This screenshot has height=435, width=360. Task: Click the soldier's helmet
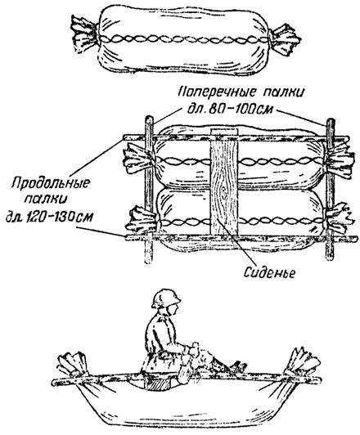click(x=166, y=298)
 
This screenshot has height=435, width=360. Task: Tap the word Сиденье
click(x=269, y=273)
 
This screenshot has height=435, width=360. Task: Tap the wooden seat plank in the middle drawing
click(x=224, y=186)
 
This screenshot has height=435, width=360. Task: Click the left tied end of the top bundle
click(x=84, y=34)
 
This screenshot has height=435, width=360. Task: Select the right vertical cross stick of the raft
click(x=330, y=190)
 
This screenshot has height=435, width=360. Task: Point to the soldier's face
click(x=173, y=309)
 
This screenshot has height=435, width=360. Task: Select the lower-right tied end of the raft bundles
click(x=340, y=219)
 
